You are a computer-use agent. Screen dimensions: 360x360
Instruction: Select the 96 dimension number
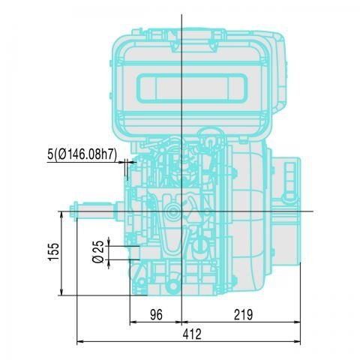click(156, 315)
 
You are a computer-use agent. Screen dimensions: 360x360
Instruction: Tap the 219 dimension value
click(241, 315)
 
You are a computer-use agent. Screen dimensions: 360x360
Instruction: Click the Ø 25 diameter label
click(98, 252)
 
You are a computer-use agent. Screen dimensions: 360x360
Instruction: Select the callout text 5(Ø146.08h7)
click(82, 154)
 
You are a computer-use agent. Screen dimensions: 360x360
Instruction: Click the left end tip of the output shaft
click(73, 211)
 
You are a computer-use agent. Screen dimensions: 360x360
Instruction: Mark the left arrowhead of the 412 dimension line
click(79, 343)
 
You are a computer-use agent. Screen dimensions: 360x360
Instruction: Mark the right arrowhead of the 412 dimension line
click(299, 343)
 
